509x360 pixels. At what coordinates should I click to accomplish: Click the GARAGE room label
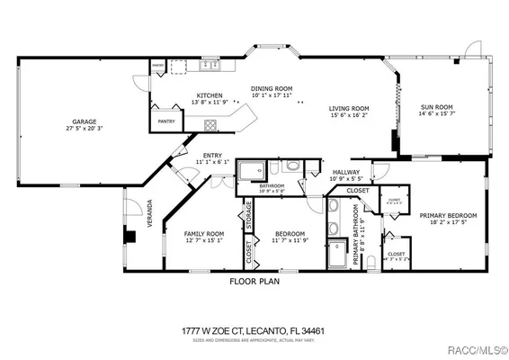pyautogui.click(x=85, y=121)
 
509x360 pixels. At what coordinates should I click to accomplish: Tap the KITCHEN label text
pyautogui.click(x=210, y=94)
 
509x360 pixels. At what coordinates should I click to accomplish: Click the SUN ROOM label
pyautogui.click(x=437, y=108)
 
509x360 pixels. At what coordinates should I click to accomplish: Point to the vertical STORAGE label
pyautogui.click(x=248, y=217)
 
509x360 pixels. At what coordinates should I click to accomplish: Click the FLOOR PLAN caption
pyautogui.click(x=254, y=281)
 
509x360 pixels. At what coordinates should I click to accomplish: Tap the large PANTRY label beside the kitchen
pyautogui.click(x=166, y=121)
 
